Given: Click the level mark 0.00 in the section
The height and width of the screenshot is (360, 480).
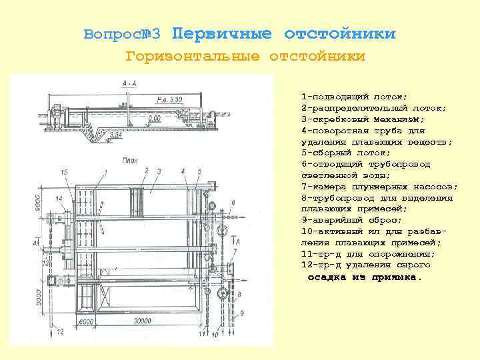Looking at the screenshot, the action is pyautogui.click(x=154, y=118).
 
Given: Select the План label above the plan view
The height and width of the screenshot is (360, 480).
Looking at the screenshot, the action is pyautogui.click(x=130, y=160).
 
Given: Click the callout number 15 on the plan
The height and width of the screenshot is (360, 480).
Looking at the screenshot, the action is pyautogui.click(x=63, y=172).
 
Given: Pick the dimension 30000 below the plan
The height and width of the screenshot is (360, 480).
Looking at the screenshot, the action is pyautogui.click(x=141, y=322).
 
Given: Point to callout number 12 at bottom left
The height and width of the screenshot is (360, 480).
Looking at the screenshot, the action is pyautogui.click(x=60, y=331).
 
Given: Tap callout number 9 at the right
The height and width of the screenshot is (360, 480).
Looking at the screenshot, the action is pyautogui.click(x=241, y=313).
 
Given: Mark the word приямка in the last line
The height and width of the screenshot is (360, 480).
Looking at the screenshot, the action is pyautogui.click(x=397, y=277).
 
